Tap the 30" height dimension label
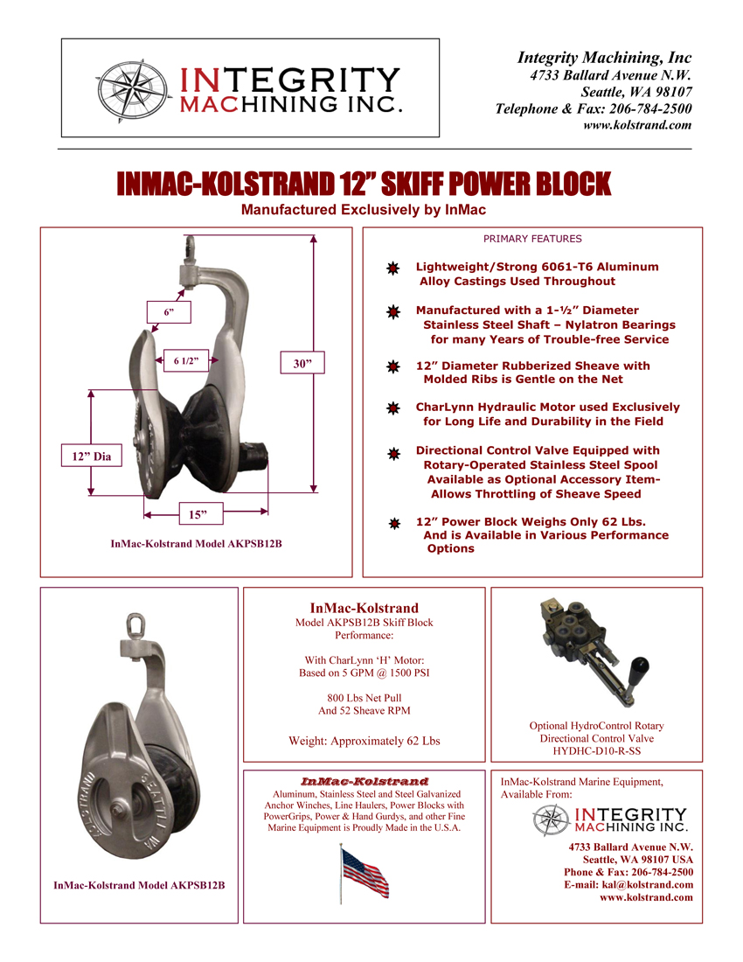pos(302,363)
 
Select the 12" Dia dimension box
pos(91,456)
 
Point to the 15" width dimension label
pos(198,514)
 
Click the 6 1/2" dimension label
pos(186,360)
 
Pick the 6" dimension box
pos(169,312)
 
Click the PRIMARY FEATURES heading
pos(532,238)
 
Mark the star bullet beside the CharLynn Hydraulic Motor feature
pos(393,408)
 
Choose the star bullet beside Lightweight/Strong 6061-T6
pos(393,267)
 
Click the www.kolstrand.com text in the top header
pos(637,125)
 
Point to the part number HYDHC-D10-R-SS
pos(596,750)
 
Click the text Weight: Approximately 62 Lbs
pos(364,741)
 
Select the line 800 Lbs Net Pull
pos(364,697)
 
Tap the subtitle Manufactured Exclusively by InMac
pos(363,210)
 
